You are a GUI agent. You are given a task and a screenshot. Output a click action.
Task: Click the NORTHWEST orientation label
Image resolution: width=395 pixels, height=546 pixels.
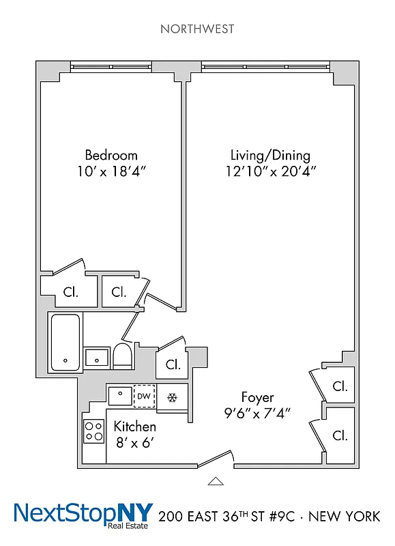click(x=197, y=29)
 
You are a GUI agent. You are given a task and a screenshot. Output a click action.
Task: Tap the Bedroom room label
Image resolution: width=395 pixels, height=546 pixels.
click(x=111, y=155)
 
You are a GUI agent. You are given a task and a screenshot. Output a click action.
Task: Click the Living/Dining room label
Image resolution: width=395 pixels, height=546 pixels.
click(x=270, y=155)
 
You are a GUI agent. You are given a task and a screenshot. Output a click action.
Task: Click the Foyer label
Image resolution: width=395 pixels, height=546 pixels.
click(x=257, y=397)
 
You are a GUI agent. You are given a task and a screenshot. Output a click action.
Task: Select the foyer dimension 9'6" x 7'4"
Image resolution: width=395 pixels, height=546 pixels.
click(x=257, y=413)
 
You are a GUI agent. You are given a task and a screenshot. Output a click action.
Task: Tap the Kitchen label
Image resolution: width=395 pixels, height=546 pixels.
click(x=134, y=427)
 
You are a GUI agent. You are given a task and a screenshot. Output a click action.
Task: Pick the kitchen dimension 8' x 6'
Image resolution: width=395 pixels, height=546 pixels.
click(x=134, y=443)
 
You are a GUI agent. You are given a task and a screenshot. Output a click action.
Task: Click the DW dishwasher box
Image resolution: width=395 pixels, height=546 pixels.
click(x=143, y=397)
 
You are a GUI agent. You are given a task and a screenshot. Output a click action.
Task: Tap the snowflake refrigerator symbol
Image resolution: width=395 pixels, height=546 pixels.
click(x=172, y=397)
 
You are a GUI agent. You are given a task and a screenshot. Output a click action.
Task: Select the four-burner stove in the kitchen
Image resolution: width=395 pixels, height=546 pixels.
click(x=93, y=431)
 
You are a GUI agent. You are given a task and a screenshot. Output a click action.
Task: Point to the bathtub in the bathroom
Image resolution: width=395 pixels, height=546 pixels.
click(x=65, y=343)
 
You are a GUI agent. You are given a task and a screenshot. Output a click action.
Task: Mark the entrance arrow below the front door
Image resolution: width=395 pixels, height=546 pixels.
click(x=216, y=481)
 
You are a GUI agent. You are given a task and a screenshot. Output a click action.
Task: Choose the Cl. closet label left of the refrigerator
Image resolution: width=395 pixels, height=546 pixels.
click(x=173, y=364)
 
